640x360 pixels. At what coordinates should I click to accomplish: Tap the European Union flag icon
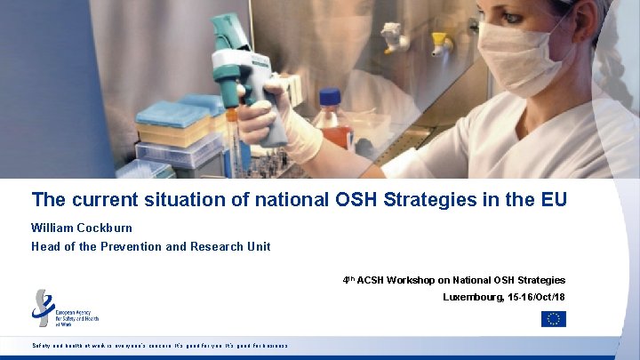coord(553,319)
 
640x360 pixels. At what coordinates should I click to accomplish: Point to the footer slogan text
coord(159,345)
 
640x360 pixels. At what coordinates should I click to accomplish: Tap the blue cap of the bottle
coord(330,95)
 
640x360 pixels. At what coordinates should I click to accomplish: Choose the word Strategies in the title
coord(434,199)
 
